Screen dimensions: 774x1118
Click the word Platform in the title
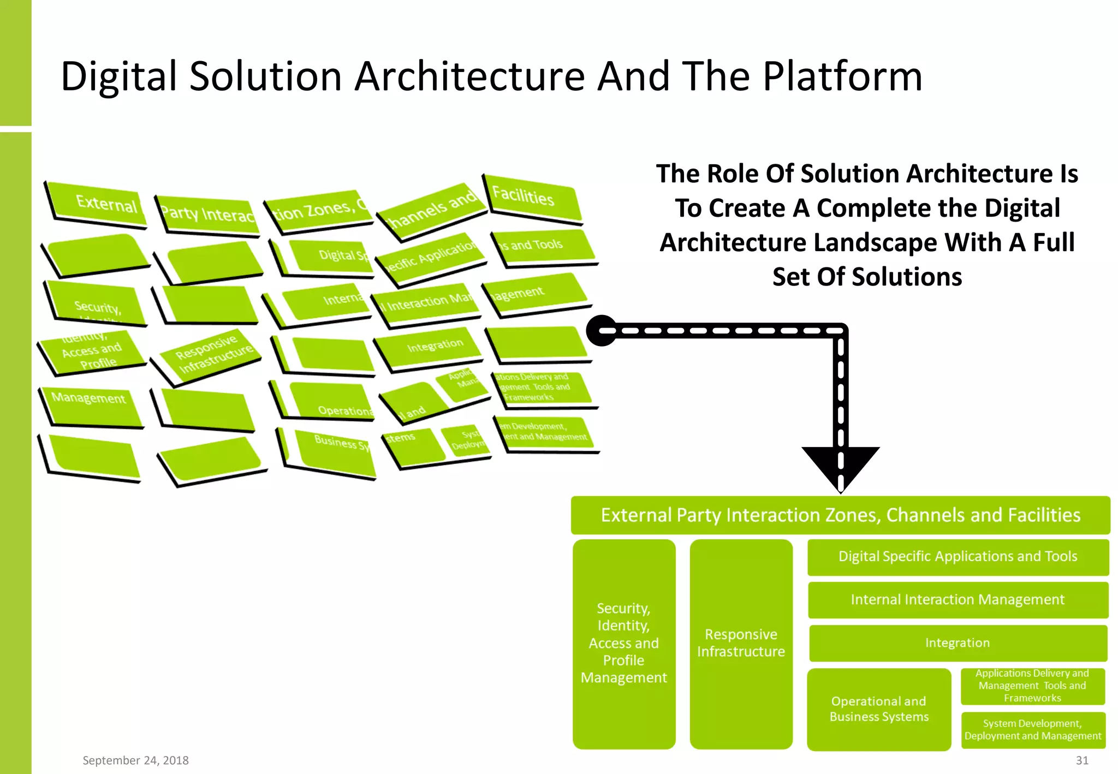click(842, 76)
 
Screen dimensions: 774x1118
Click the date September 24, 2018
click(135, 760)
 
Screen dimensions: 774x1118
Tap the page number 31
click(1082, 760)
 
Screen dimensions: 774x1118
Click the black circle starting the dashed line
click(601, 331)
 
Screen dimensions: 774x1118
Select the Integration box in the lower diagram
click(958, 643)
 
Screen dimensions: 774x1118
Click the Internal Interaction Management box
click(958, 600)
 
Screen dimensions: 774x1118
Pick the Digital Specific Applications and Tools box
click(958, 557)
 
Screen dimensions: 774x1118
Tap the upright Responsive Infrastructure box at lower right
click(741, 644)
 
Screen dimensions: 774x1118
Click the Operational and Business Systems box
click(879, 709)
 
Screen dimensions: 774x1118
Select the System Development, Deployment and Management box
click(1032, 730)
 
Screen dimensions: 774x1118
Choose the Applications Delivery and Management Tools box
click(1032, 686)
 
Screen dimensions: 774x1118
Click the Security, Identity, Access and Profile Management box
click(623, 644)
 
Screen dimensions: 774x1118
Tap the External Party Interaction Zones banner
click(840, 515)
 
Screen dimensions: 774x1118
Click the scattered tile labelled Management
click(90, 404)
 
